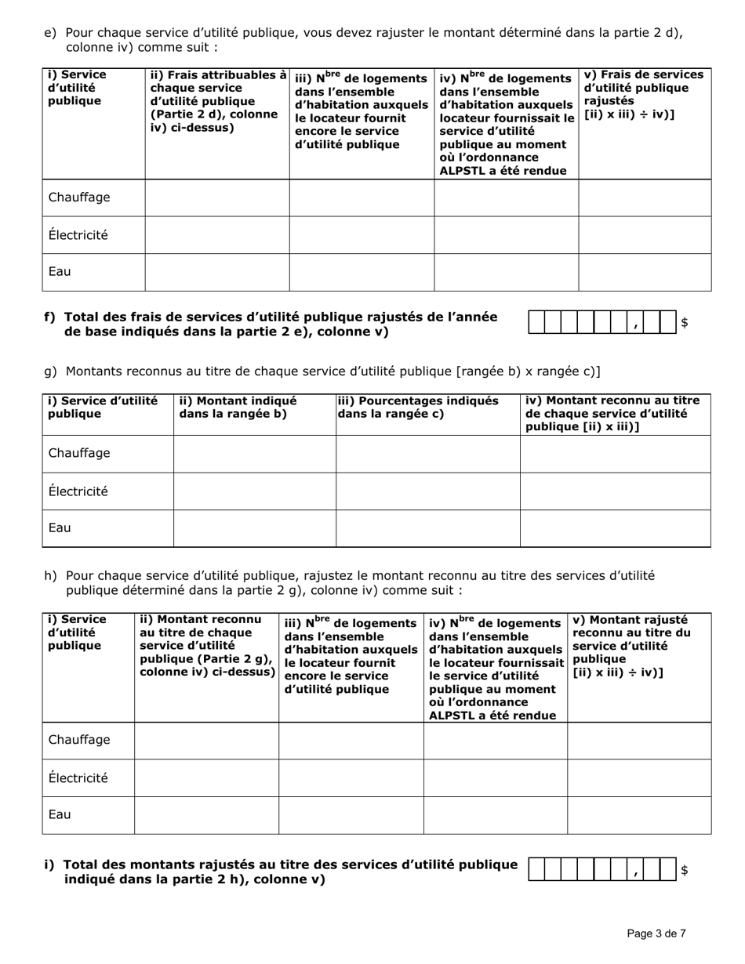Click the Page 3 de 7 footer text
656,933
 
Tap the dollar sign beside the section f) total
684,322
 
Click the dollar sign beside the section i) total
684,870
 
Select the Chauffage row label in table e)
79,198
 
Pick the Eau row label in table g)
60,527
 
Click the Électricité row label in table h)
78,778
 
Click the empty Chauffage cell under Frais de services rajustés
645,198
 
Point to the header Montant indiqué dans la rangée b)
238,407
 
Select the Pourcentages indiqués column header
418,407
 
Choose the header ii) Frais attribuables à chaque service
217,101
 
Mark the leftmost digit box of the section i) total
538,870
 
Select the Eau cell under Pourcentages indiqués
427,528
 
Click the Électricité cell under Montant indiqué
254,491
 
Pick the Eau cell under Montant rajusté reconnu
639,815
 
